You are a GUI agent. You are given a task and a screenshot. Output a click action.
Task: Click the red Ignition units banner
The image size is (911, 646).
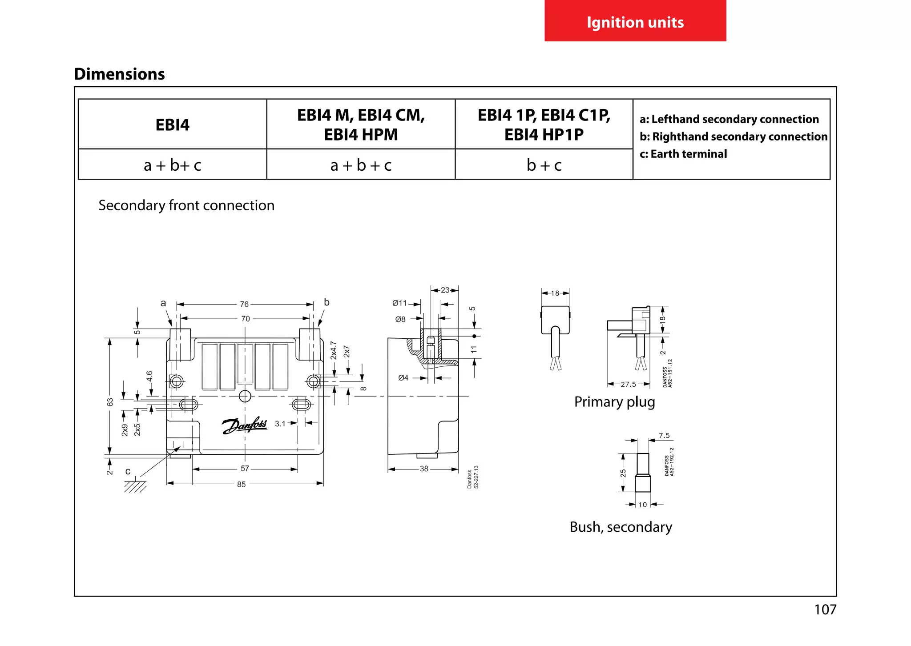[635, 21]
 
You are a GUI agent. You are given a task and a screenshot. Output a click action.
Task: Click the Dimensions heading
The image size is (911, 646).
[119, 74]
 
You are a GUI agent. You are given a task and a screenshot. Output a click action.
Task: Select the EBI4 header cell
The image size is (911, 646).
[172, 124]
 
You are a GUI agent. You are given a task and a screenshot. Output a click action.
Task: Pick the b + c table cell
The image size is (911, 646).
[544, 165]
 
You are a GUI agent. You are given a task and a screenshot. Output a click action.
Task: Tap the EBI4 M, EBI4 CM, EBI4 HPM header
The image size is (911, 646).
[361, 124]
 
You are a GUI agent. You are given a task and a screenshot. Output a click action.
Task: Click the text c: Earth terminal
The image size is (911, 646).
[683, 154]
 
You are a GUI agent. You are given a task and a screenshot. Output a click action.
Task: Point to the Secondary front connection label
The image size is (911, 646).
[186, 205]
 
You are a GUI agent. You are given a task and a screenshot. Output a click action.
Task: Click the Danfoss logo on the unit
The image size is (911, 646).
[244, 425]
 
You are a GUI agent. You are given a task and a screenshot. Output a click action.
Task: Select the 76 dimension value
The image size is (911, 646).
[244, 305]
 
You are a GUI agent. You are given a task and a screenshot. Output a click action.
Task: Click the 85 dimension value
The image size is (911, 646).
[241, 484]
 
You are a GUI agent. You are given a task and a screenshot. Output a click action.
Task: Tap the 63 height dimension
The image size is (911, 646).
[110, 402]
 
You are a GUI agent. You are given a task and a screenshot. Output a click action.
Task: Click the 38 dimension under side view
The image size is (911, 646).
[424, 469]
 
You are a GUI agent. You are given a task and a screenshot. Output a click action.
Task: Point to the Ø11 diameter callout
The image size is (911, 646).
[399, 303]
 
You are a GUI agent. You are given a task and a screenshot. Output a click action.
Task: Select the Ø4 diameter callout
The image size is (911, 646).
[403, 378]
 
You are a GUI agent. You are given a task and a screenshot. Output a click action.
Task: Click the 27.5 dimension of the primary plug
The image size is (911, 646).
[628, 384]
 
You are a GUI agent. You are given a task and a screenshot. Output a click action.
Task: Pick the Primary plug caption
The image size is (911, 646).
[614, 402]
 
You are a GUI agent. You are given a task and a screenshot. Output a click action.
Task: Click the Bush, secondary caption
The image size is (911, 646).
[621, 527]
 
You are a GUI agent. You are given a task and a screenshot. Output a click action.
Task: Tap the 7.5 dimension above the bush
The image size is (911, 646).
[664, 436]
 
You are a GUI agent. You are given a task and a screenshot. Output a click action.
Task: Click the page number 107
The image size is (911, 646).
[825, 610]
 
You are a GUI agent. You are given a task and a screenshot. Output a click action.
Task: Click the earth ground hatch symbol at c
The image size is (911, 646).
[135, 487]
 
